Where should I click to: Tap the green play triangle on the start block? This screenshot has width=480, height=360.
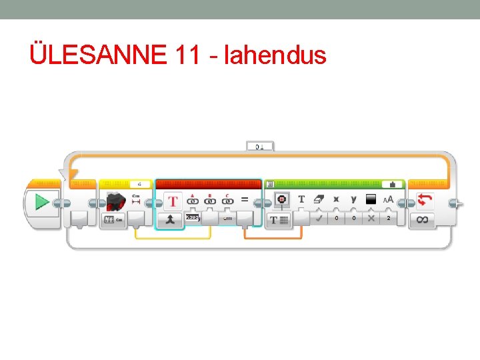click(x=42, y=201)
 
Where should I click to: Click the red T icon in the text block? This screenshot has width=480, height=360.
click(x=173, y=200)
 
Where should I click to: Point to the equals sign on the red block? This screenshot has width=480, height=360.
click(x=245, y=199)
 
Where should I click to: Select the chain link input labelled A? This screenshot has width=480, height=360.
click(x=193, y=199)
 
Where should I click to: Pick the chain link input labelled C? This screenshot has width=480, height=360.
click(x=228, y=199)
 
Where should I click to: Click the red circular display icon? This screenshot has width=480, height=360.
click(x=281, y=199)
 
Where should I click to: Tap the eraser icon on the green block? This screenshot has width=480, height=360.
click(x=319, y=199)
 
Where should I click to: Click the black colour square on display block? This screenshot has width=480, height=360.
click(x=371, y=199)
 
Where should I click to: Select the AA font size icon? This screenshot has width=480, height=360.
click(x=388, y=199)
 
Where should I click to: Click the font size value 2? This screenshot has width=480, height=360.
click(x=389, y=218)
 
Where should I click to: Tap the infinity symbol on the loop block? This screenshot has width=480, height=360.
click(x=423, y=219)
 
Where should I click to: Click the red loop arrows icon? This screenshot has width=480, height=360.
click(x=424, y=199)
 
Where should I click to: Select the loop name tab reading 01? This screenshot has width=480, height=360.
click(x=259, y=145)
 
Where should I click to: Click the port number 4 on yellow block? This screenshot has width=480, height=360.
click(x=139, y=183)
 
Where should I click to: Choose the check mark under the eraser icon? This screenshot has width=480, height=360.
click(x=319, y=218)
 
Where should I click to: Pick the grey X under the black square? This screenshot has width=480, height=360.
click(x=371, y=218)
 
